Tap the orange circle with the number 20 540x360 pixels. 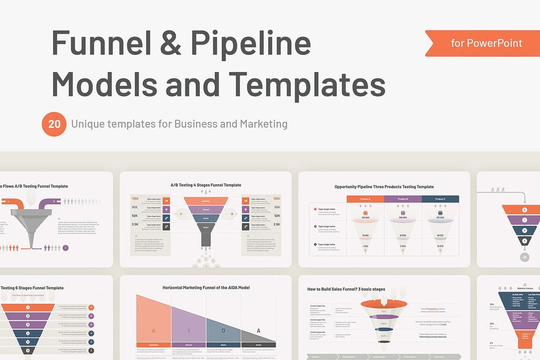pos(54,124)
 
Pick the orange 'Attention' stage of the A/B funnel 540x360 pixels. pos(206,201)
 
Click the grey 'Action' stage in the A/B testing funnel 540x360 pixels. pos(206,228)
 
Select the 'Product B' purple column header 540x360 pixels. pos(403,199)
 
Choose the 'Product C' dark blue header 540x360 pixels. pos(440,199)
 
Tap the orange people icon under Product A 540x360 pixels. pos(365,212)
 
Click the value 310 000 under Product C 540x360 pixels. pos(440,217)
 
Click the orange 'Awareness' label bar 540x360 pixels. pos(153,345)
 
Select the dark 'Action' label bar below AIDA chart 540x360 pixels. pos(258,345)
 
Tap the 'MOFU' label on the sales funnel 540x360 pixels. pos(384,324)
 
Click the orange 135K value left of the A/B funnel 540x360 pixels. pos(135,198)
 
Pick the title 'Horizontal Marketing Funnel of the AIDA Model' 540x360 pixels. pos(206,288)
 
